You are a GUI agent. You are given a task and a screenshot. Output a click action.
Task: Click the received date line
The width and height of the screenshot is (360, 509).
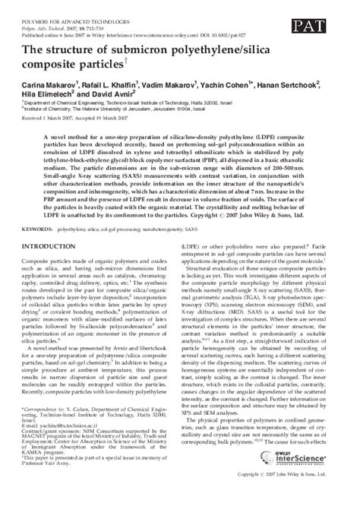coord(81,140)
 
